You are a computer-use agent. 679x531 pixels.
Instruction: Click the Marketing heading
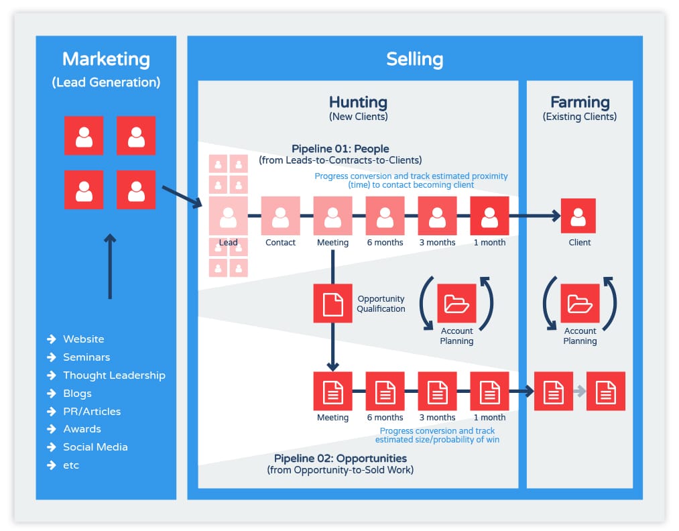[106, 60]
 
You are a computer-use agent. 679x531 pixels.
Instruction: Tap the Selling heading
[414, 60]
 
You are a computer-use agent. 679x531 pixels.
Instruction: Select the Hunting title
[358, 102]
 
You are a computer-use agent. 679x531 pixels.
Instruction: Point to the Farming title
[580, 102]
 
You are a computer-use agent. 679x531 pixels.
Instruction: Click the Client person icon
[578, 216]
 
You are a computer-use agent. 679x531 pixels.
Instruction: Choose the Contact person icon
[281, 216]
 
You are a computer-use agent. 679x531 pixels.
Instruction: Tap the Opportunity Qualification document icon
[332, 303]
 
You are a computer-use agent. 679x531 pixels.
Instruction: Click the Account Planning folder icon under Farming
[580, 303]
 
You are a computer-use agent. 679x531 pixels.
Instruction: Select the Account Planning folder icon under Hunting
[456, 303]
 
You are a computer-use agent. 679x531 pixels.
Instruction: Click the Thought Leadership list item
[114, 375]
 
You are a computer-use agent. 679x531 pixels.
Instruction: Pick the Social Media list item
[95, 447]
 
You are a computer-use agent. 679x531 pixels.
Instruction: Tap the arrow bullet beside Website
[52, 339]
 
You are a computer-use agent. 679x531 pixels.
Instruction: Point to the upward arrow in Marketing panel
[110, 266]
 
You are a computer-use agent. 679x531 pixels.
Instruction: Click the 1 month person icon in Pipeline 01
[489, 216]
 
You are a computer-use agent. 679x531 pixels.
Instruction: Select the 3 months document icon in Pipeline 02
[438, 391]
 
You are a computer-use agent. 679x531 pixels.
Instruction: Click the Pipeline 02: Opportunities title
[341, 458]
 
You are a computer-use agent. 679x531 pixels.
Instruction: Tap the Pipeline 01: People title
[341, 149]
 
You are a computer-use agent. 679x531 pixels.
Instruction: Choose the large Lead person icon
[228, 216]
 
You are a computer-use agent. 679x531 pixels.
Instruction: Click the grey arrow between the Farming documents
[579, 391]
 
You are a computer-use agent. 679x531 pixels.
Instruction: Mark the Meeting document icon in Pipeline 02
[332, 391]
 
